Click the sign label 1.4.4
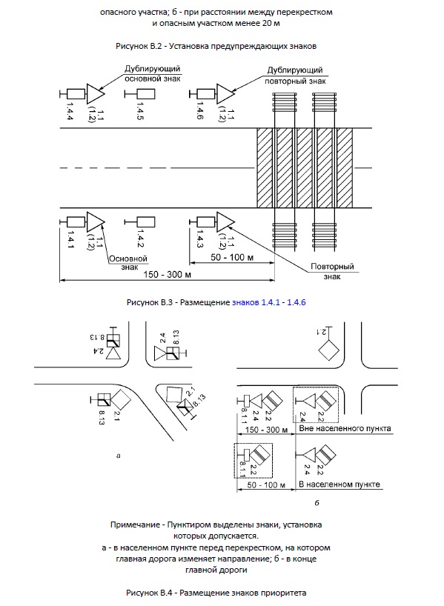[70, 110]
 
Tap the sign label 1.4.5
[140, 110]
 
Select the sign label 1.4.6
[200, 110]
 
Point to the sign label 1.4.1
[70, 239]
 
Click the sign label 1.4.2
[140, 239]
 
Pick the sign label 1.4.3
[200, 239]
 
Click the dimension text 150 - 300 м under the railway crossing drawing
[167, 274]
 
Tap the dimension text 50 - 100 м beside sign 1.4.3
[232, 257]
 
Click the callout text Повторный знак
[332, 271]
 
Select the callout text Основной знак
[128, 262]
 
